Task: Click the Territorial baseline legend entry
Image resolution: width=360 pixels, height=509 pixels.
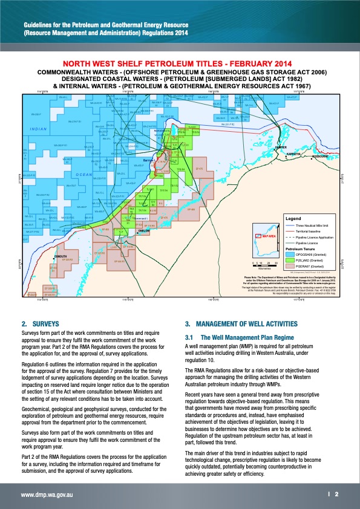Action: pyautogui.click(x=309, y=232)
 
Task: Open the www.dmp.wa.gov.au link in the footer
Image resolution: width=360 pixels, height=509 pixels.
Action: pyautogui.click(x=48, y=494)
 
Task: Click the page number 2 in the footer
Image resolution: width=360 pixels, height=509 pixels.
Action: pyautogui.click(x=337, y=494)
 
